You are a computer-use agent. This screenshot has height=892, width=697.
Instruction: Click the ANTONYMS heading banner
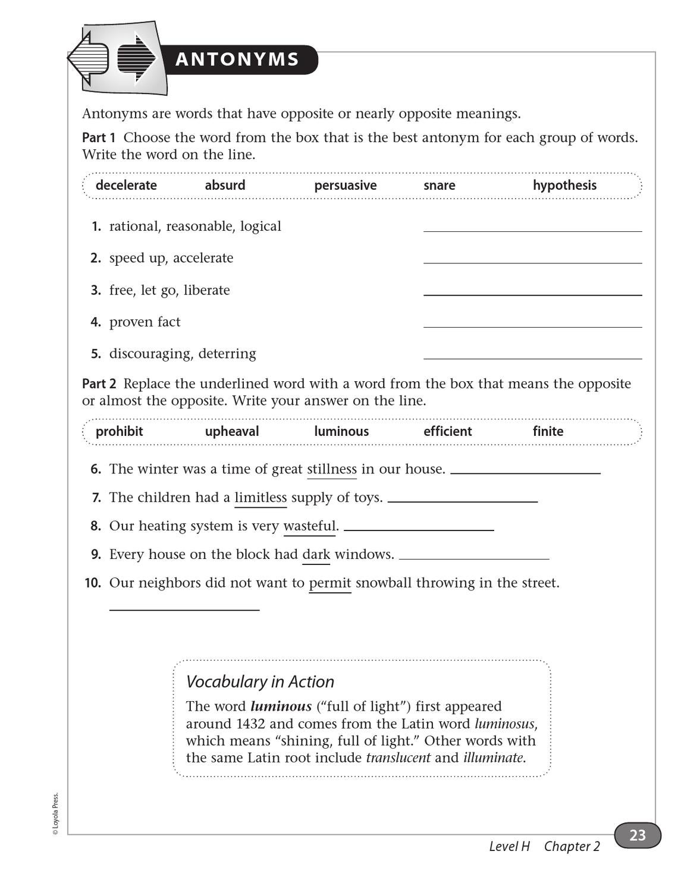coord(238,59)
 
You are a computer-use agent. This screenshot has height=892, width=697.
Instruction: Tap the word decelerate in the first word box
coord(126,186)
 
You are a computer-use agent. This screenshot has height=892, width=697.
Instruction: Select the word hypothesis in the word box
coord(564,186)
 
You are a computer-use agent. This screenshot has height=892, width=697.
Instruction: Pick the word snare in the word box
coord(439,186)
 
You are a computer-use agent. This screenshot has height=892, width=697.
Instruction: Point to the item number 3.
coord(96,290)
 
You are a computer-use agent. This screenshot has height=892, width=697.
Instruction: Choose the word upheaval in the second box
coord(232,432)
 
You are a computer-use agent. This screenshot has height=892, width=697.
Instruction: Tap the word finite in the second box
coord(548,432)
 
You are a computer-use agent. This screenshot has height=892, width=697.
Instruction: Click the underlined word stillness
coord(332,469)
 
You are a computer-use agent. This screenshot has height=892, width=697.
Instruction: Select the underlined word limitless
coord(260,498)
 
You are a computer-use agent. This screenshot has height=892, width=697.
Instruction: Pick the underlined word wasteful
coord(309,526)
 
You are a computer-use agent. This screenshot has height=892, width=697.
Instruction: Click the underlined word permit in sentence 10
coord(330,583)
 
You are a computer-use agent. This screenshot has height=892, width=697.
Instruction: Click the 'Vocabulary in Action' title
coord(260,681)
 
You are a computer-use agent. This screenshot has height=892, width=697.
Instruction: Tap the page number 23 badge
coord(637,836)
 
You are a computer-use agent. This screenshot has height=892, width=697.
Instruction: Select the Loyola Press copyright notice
coord(55,814)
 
